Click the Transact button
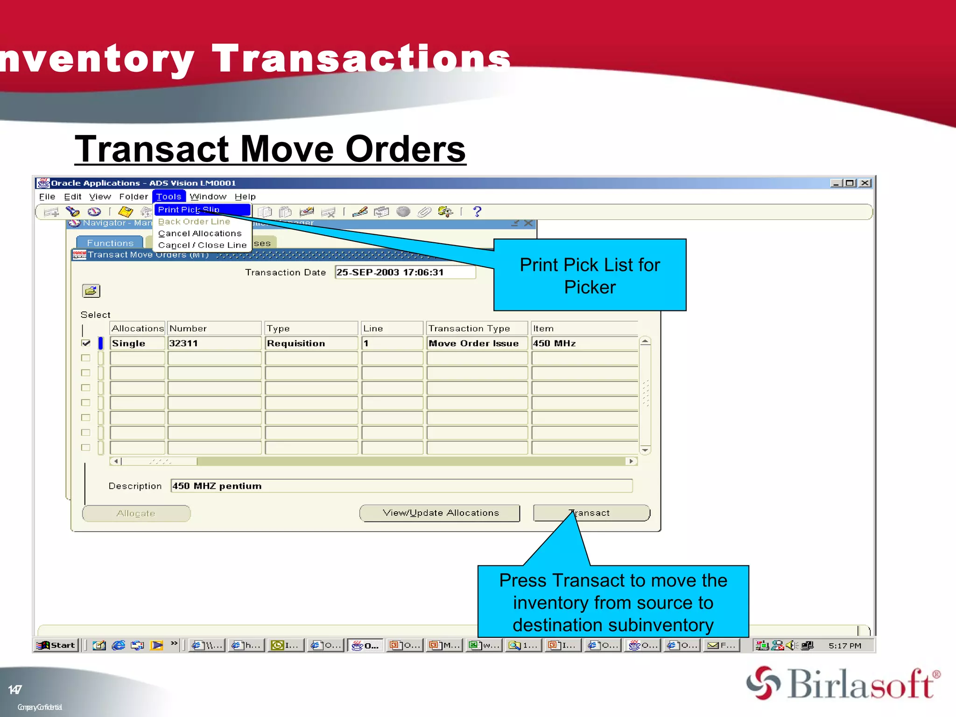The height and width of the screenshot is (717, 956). [x=591, y=513]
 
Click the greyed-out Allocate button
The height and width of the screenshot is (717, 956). [x=136, y=513]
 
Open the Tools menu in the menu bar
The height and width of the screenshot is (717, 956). [x=169, y=197]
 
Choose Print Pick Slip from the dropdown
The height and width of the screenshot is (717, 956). [x=189, y=210]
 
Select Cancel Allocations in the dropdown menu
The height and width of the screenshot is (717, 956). [x=200, y=233]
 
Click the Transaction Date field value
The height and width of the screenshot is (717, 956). [x=405, y=272]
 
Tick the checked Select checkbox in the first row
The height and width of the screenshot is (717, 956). [x=86, y=343]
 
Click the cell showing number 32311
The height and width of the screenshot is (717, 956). [x=214, y=343]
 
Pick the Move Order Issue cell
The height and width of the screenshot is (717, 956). [x=477, y=343]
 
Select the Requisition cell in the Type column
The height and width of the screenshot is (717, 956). [x=311, y=343]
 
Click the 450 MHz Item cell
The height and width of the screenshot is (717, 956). [x=583, y=343]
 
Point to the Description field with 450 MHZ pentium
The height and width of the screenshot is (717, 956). [x=401, y=486]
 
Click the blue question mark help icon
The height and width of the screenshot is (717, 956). [x=477, y=212]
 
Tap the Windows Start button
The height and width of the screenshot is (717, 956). [x=56, y=645]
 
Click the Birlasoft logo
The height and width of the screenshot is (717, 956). [x=843, y=683]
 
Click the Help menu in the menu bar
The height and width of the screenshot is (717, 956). [x=245, y=197]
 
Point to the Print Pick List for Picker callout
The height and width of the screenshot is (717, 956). [x=590, y=275]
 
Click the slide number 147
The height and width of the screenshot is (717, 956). [x=15, y=689]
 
